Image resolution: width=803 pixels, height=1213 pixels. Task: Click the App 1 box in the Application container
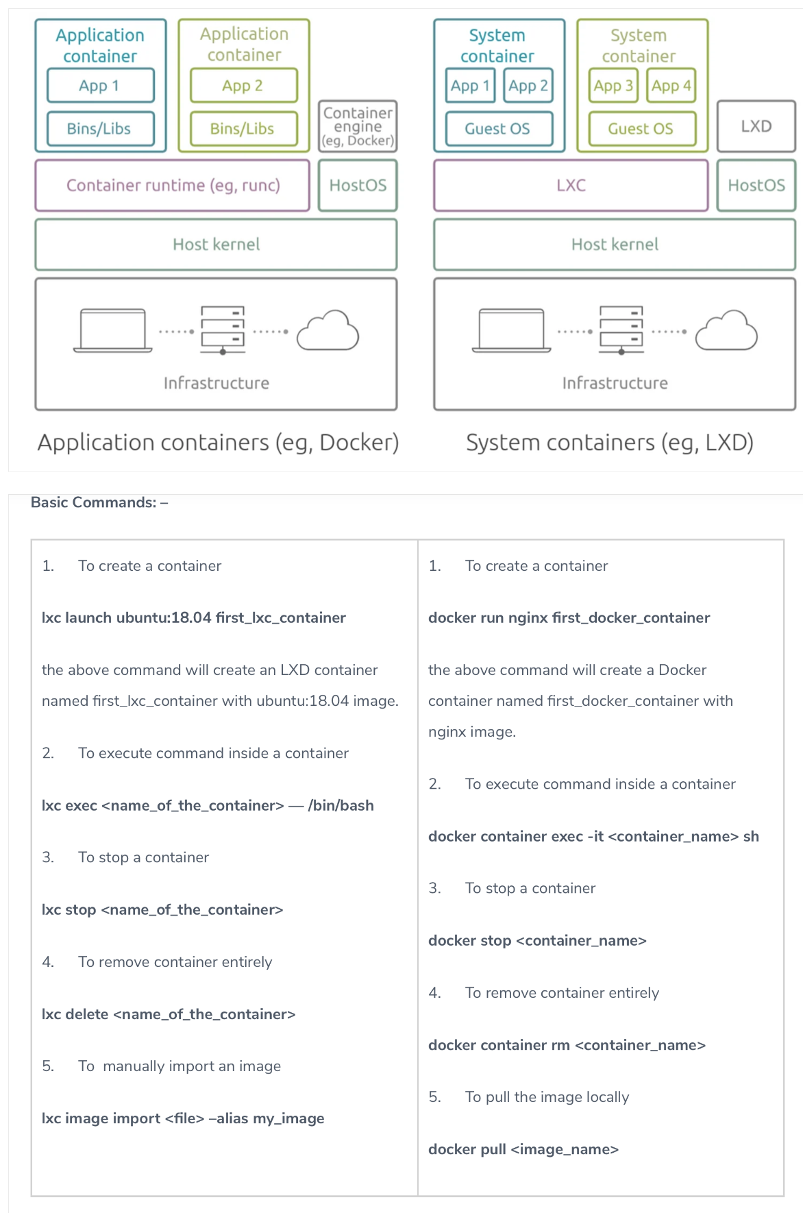click(100, 86)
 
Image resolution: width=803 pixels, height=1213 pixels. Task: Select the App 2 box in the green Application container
click(243, 86)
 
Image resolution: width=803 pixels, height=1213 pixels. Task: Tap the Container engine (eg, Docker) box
click(358, 126)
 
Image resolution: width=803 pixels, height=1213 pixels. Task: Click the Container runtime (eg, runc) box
click(173, 185)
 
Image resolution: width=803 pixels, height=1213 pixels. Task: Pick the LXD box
click(756, 126)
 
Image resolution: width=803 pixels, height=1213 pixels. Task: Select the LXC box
click(571, 185)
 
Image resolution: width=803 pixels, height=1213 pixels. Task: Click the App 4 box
click(671, 86)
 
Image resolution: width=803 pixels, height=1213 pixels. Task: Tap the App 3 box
click(613, 86)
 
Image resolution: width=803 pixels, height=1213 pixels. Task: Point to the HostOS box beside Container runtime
click(358, 185)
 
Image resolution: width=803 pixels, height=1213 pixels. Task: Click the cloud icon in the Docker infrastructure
click(328, 332)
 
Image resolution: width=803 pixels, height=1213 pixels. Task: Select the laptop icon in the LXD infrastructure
click(511, 330)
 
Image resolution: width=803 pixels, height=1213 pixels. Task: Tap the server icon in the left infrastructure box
click(223, 330)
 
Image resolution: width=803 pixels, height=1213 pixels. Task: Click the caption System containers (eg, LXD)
click(609, 443)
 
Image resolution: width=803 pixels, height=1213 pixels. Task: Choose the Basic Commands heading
click(99, 502)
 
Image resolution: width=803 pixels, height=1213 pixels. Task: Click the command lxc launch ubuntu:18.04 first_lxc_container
click(193, 617)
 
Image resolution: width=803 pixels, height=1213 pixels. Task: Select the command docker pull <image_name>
click(523, 1149)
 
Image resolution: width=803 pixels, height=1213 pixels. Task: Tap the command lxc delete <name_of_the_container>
click(169, 1014)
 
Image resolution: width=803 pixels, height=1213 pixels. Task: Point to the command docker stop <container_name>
click(537, 941)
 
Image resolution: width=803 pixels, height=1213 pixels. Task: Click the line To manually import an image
click(179, 1066)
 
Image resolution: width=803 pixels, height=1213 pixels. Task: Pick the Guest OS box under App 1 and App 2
click(498, 129)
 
